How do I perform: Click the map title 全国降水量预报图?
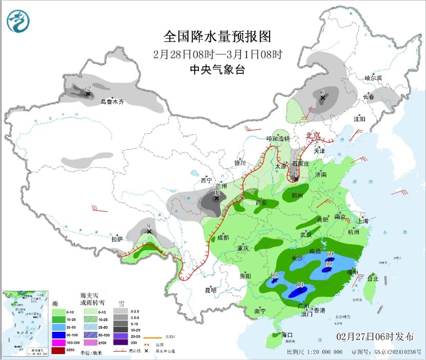(x=217, y=37)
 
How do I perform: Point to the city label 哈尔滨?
(x=373, y=78)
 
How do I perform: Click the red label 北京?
(x=313, y=136)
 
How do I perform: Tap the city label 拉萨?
(x=117, y=239)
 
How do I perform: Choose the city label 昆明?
(x=211, y=290)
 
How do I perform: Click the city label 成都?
(x=222, y=237)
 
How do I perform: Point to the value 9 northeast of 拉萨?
(x=148, y=225)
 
